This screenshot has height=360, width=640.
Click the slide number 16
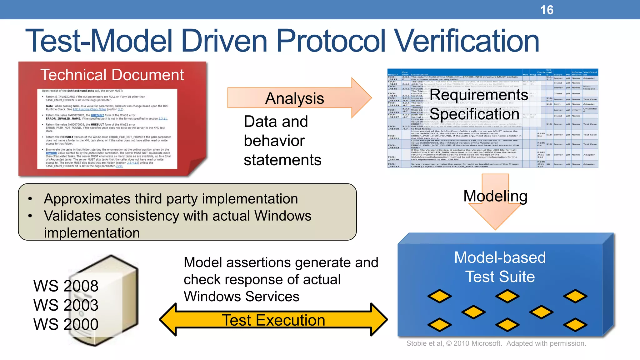[x=547, y=10]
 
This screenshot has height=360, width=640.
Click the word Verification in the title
[x=466, y=41]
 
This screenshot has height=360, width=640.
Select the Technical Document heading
[x=112, y=75]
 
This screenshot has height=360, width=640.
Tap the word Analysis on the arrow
[x=294, y=98]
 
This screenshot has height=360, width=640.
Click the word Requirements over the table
[x=478, y=95]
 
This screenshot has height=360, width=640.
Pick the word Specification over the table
[x=474, y=114]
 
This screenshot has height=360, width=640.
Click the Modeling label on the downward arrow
[x=495, y=196]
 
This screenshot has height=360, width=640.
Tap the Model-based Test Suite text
[x=500, y=267]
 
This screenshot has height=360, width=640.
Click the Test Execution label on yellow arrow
[x=273, y=320]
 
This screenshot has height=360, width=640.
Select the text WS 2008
[x=66, y=286]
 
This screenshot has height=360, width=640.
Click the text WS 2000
[x=66, y=324]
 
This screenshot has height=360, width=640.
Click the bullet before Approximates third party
[x=30, y=199]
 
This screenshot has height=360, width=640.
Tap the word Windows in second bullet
[x=282, y=216]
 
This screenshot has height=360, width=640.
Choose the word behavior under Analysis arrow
[x=274, y=141]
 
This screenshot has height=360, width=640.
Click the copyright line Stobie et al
[x=496, y=343]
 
